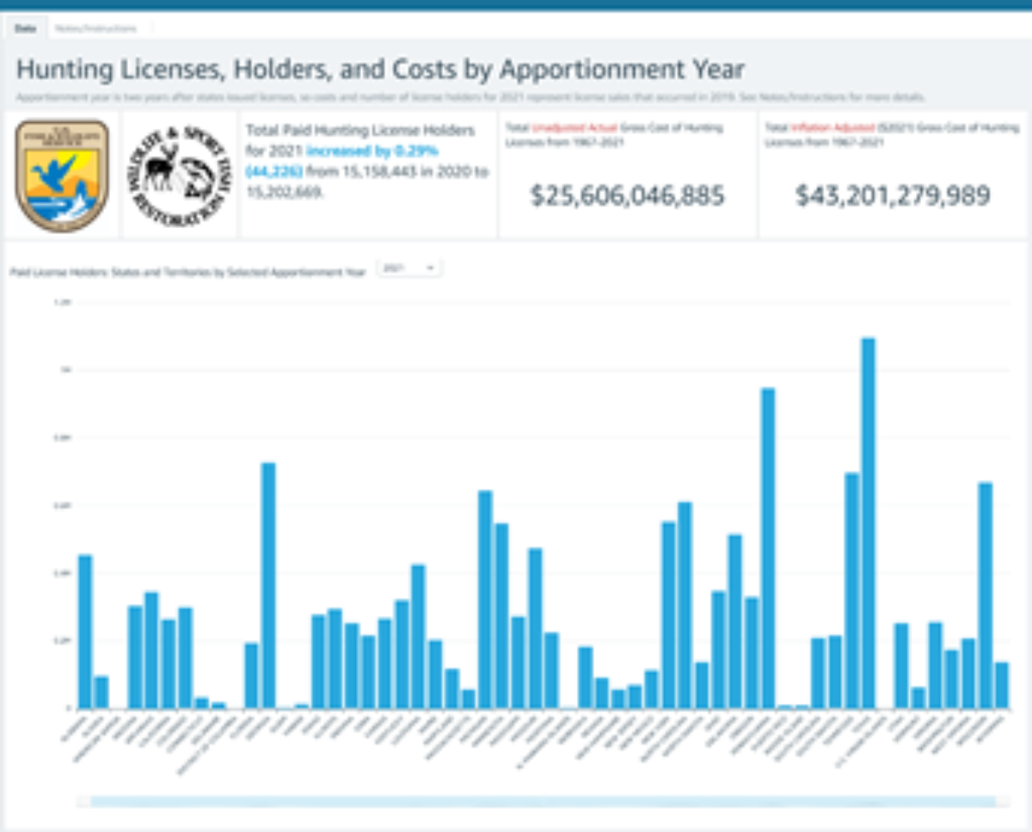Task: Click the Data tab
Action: click(25, 28)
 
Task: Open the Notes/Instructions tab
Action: click(95, 28)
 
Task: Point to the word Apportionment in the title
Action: click(601, 69)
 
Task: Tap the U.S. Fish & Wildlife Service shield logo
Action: click(62, 175)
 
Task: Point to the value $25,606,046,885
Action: click(627, 196)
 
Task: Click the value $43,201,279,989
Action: click(893, 196)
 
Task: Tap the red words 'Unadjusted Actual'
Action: click(574, 128)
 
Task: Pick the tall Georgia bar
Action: click(268, 585)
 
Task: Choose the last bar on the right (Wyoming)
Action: click(1002, 685)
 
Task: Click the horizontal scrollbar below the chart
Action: click(542, 802)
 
